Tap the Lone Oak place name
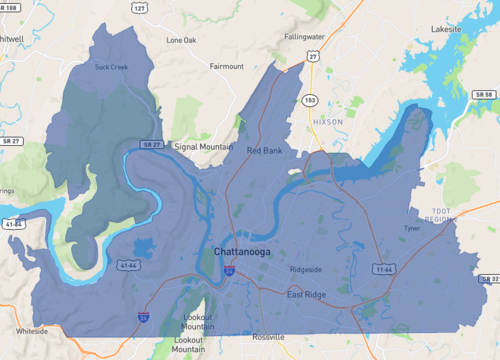[x=182, y=41]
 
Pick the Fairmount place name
[x=226, y=66]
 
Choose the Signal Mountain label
[x=203, y=146]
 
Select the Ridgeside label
[x=307, y=269]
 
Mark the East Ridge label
[x=309, y=295]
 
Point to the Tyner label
[x=412, y=228]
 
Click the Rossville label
[x=270, y=337]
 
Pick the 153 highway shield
[x=311, y=100]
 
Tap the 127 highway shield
[x=139, y=7]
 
